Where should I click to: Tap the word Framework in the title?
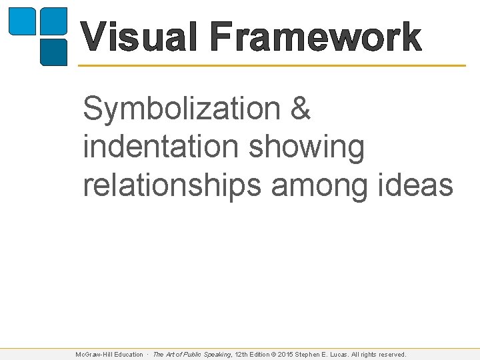tap(315, 37)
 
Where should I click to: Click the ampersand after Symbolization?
tap(300, 109)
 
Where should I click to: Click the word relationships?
tap(171, 186)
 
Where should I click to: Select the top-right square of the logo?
tap(53, 21)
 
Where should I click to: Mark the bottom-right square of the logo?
tap(53, 52)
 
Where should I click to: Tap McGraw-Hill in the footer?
tap(93, 355)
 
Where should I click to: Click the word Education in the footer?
tap(128, 355)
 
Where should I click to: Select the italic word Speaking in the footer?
tap(216, 355)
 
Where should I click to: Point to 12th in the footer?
tap(242, 355)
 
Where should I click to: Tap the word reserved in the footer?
tap(391, 355)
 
